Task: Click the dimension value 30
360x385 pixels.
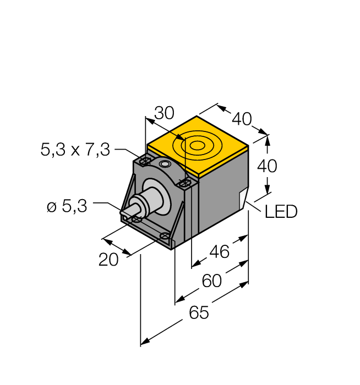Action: coord(163,113)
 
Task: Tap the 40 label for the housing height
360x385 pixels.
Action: coord(268,165)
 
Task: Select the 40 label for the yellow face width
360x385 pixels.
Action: coord(242,118)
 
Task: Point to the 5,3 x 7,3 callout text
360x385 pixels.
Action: coord(75,149)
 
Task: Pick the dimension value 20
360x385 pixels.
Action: coord(108,259)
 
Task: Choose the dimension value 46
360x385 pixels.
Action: coord(220,252)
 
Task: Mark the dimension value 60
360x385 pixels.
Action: coord(211,281)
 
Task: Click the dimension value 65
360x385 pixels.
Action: coord(199,313)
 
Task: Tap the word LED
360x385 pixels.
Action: coord(281,211)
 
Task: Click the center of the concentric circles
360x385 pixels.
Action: coord(197,146)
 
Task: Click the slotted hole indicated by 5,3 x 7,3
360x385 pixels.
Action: coord(145,161)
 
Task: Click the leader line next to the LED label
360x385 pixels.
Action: coord(256,206)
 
